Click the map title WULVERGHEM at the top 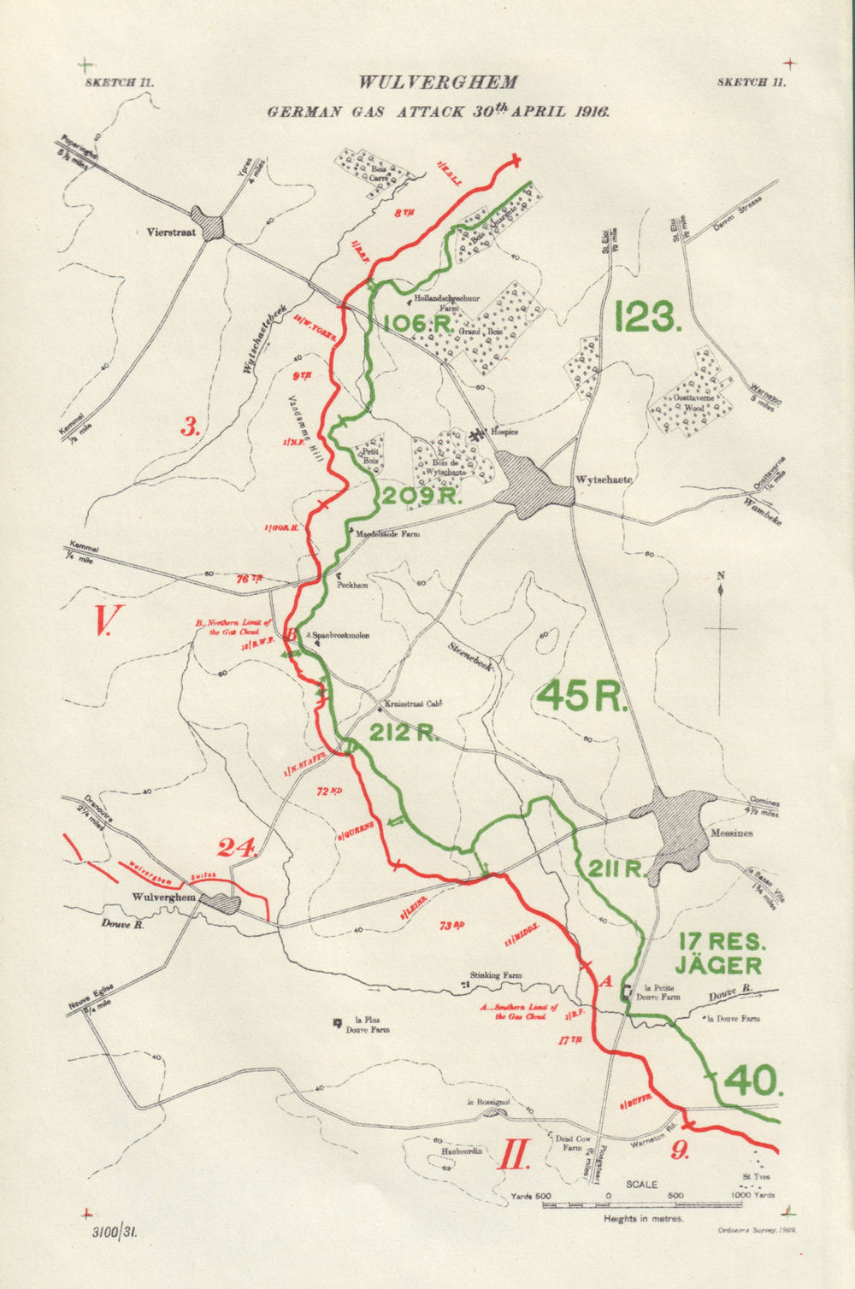pos(438,83)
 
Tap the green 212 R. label pos(404,732)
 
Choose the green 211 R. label pos(616,869)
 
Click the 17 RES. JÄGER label pos(719,954)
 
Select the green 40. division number pos(752,1081)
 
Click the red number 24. pos(237,848)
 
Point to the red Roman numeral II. pos(515,1156)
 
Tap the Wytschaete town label pos(604,480)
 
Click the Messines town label pos(731,833)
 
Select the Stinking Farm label pos(496,975)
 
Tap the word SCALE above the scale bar pos(641,1185)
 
